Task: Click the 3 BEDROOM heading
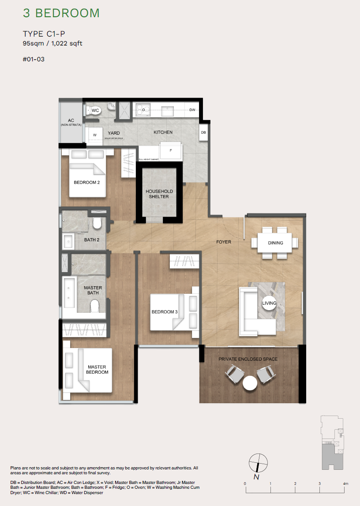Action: click(61, 13)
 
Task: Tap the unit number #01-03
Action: click(34, 59)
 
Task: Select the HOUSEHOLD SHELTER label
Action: click(159, 194)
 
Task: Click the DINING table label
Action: click(275, 243)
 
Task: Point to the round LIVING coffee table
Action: click(269, 303)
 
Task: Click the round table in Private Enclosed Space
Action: click(250, 382)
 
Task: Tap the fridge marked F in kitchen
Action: click(171, 150)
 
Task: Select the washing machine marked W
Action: click(94, 135)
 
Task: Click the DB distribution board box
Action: click(203, 133)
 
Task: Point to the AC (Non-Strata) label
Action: click(71, 122)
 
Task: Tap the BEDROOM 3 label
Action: click(165, 312)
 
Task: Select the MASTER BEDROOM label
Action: click(97, 369)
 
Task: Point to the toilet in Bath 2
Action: click(97, 223)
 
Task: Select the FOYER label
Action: click(224, 242)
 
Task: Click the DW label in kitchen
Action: click(192, 110)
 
